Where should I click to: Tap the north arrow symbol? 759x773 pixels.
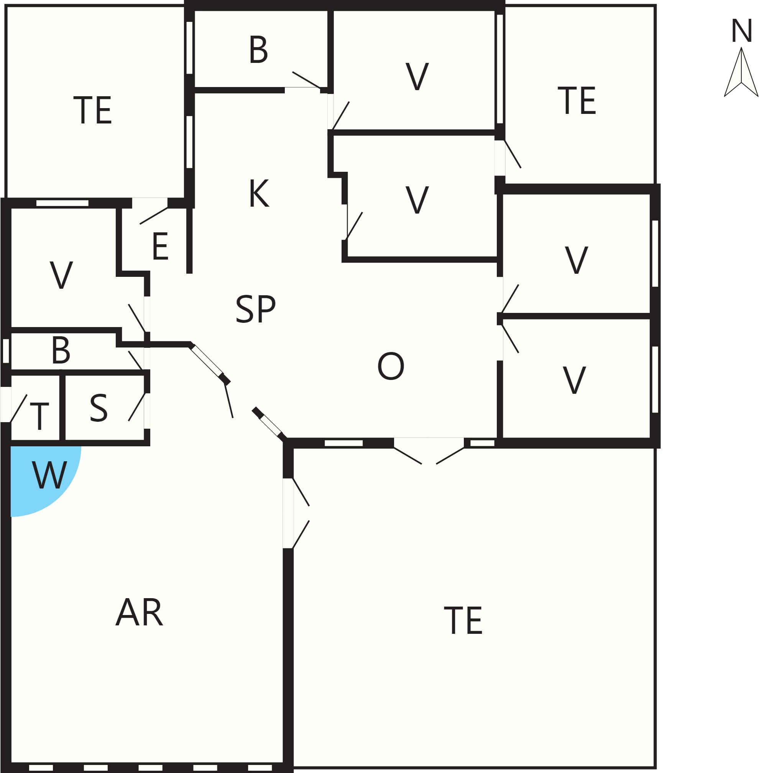[741, 72]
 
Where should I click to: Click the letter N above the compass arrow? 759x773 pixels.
[741, 31]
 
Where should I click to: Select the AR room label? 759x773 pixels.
[139, 612]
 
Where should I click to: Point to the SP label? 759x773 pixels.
[256, 309]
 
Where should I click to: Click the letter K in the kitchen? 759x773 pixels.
[259, 193]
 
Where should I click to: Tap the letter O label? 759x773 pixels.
[391, 366]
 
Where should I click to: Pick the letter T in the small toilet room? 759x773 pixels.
[39, 416]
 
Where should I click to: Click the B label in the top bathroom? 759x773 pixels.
[258, 49]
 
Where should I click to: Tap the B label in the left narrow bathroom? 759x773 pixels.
[61, 350]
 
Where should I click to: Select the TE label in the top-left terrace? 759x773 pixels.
[92, 110]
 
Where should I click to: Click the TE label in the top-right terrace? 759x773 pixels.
[577, 100]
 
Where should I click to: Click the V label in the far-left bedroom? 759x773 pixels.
[61, 275]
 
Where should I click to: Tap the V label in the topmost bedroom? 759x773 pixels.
[417, 77]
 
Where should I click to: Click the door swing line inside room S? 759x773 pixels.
[136, 407]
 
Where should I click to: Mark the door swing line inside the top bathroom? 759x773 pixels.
[307, 80]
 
